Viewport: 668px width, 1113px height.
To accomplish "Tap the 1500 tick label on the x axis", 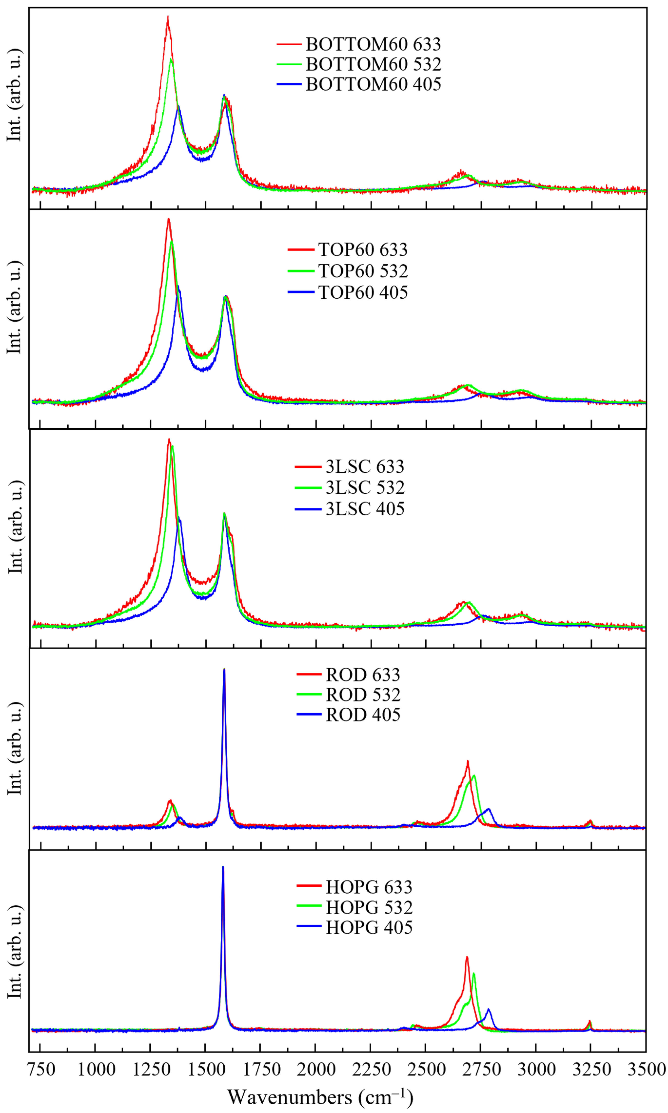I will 206,1069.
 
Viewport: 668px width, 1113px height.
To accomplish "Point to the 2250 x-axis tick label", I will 371,1069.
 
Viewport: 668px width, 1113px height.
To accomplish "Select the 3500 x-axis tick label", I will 646,1069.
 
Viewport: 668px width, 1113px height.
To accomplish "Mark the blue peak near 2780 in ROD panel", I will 488,809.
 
